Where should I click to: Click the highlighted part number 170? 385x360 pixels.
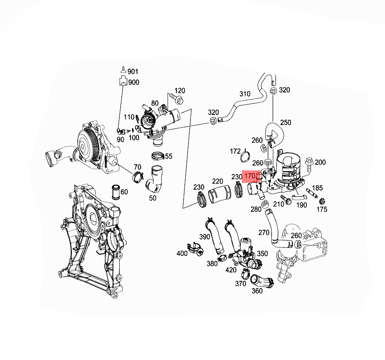coord(250,176)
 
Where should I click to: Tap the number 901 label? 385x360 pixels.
coord(133,72)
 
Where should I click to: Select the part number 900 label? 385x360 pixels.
coord(133,82)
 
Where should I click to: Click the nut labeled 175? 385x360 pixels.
coord(321,201)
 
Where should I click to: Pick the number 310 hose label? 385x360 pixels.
coord(245,94)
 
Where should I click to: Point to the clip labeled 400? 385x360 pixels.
coord(195,249)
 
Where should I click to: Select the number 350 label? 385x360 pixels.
coord(262,254)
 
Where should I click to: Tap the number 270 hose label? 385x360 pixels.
coord(264,232)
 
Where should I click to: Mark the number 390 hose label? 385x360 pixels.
coord(205,237)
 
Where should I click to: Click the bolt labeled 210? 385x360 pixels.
coord(286,199)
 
